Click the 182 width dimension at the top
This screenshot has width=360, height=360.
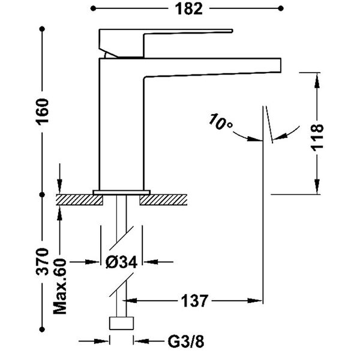188,8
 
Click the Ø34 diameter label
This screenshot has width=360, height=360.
122,262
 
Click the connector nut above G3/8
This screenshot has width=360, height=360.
121,324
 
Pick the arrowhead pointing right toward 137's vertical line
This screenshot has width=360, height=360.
257,300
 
